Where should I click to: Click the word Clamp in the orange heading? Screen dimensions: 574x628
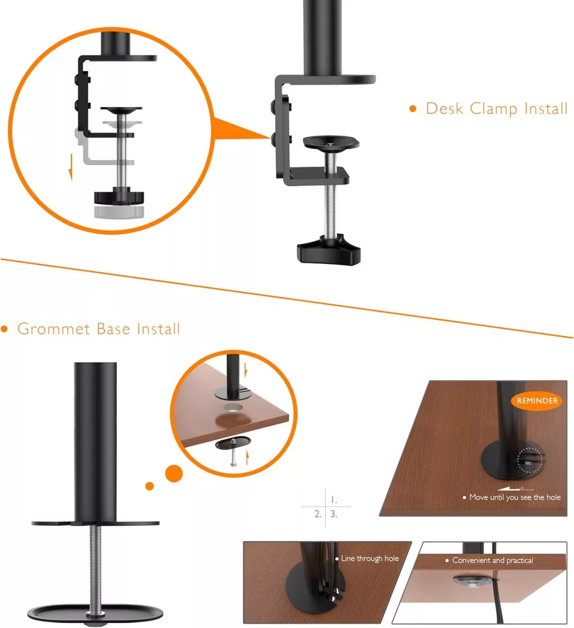coord(494,108)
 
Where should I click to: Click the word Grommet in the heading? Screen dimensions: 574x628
coord(54,329)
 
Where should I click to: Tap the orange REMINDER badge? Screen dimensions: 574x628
coord(537,401)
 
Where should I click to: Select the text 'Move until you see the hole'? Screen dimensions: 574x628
coord(515,497)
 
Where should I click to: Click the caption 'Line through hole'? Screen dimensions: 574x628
coord(369,558)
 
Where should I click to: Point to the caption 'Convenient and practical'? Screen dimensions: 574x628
coord(492,560)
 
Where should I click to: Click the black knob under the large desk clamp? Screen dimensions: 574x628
coord(329,249)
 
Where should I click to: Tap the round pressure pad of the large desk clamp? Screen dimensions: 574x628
coord(331,142)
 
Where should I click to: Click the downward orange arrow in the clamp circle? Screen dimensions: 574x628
coord(71,167)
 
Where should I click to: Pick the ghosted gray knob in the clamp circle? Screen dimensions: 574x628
coord(119,212)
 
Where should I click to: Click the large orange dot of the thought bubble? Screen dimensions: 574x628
coord(174,474)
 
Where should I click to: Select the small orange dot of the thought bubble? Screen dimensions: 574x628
coord(150,486)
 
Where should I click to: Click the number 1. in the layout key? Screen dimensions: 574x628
coord(334,500)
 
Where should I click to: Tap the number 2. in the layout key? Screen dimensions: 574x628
coord(318,514)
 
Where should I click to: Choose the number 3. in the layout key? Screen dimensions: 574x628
coord(334,514)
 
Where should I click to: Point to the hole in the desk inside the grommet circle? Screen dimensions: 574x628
coord(233,407)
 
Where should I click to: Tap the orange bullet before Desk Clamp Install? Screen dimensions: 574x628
coord(413,108)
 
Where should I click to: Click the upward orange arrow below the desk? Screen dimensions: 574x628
coord(248,457)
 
